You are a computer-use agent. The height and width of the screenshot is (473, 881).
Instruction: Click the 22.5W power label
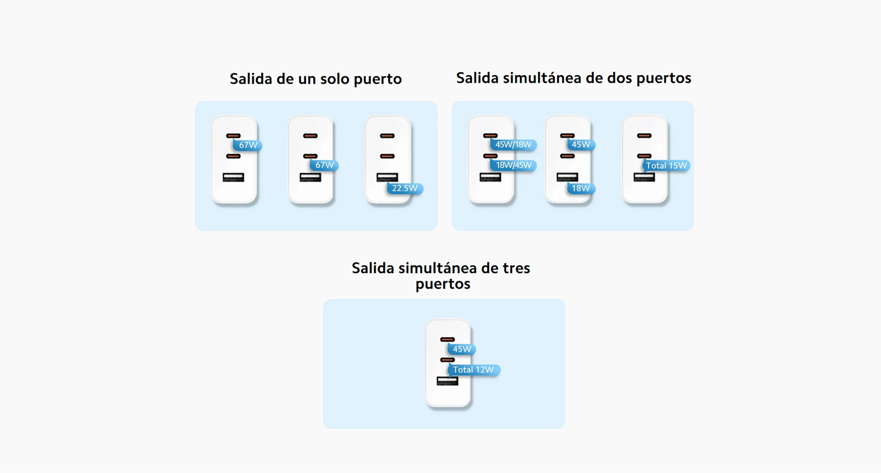(x=404, y=188)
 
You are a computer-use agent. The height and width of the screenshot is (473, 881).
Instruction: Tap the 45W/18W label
(x=513, y=145)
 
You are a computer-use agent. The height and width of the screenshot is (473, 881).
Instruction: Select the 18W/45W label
(x=513, y=165)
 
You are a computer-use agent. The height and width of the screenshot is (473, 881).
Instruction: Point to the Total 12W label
(x=473, y=370)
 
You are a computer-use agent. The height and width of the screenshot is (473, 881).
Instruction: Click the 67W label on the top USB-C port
(x=248, y=145)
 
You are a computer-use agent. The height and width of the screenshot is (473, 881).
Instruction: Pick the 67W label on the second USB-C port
(x=325, y=165)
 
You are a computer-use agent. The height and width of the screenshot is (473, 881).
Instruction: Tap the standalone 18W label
(x=581, y=188)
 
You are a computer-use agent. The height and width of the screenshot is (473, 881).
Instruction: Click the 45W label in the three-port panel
(x=462, y=349)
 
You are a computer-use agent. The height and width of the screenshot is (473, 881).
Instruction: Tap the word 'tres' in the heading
(x=516, y=268)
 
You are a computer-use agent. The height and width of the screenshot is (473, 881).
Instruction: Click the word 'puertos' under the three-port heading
(x=443, y=284)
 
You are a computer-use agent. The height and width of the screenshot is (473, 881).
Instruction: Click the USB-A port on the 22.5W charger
(x=387, y=177)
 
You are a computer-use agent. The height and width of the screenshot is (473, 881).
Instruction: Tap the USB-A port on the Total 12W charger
(x=447, y=381)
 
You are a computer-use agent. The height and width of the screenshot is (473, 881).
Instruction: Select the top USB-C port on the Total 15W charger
(x=644, y=136)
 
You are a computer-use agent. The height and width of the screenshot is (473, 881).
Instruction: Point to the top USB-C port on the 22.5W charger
(x=387, y=136)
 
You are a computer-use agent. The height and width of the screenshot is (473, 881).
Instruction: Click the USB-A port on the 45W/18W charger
(x=490, y=177)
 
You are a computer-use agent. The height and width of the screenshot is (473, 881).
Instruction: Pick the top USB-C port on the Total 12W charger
(x=447, y=340)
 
